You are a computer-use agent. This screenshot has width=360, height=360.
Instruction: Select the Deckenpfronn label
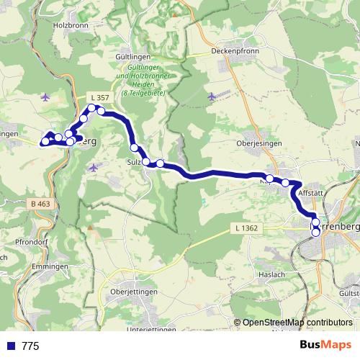235,51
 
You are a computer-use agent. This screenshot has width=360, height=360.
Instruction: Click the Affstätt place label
312,194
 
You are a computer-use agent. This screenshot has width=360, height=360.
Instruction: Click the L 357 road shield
100,97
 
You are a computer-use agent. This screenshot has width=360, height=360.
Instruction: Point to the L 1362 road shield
246,228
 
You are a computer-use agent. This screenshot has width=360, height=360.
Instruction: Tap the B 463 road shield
41,205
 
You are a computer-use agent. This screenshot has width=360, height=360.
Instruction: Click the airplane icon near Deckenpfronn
211,96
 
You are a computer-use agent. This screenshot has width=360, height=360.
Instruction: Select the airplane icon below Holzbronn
46,96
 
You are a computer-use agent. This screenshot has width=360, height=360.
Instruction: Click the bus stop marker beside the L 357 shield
92,109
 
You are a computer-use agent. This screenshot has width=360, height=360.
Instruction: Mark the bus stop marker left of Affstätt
285,183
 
